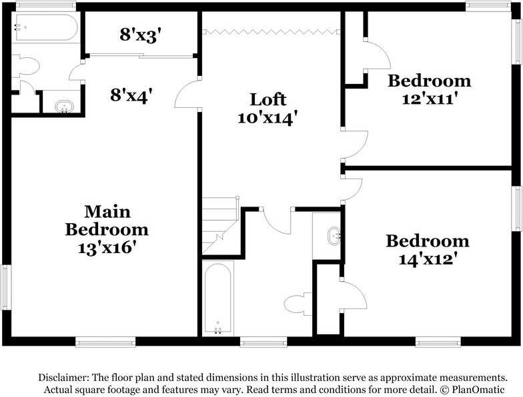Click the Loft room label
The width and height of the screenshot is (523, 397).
pos(268,100)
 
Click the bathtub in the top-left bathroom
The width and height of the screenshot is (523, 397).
pos(45,28)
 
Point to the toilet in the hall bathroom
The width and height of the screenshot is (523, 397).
pos(298,304)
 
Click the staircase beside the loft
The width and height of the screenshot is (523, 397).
pos(221,224)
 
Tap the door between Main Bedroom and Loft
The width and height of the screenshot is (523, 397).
pos(186,93)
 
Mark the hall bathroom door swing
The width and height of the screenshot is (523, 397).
pos(277,221)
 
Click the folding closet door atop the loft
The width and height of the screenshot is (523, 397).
pos(270,31)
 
